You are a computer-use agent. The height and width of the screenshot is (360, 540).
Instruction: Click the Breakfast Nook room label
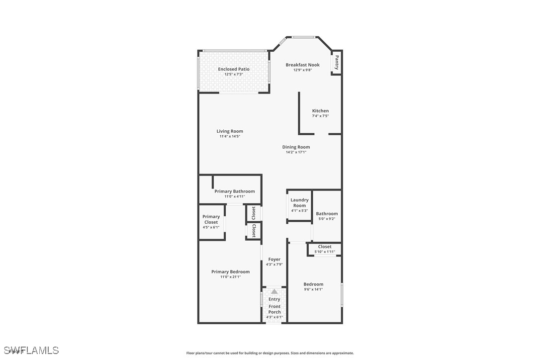[x=302, y=65]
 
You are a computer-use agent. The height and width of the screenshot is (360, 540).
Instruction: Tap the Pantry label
[x=337, y=62]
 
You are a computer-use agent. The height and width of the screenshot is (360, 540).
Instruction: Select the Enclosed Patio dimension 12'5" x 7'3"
[x=234, y=75]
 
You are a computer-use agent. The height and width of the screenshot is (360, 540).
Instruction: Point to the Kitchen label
[x=320, y=110]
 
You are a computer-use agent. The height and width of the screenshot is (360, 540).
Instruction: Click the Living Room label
[x=230, y=131]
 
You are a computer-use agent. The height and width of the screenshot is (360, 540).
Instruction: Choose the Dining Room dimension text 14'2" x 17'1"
[x=296, y=152]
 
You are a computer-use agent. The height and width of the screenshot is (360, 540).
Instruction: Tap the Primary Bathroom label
[x=235, y=191]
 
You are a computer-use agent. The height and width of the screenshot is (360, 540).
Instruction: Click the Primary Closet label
[x=211, y=219]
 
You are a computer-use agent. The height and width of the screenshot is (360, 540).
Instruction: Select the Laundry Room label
[x=299, y=202]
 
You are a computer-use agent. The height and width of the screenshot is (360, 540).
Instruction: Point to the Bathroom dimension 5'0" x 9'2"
[x=327, y=219]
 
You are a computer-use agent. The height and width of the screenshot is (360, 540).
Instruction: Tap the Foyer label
[x=274, y=260]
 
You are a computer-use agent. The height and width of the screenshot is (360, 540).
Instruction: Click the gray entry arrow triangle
[x=274, y=291]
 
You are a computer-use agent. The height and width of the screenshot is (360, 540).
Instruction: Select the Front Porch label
[x=274, y=309]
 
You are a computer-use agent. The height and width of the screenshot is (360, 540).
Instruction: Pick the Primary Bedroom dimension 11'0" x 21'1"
[x=230, y=277]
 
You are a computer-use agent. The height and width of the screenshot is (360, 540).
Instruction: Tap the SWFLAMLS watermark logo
[x=31, y=351]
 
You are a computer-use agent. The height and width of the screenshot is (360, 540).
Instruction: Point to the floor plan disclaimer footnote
[x=270, y=353]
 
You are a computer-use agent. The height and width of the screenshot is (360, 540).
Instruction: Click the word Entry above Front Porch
[x=274, y=299]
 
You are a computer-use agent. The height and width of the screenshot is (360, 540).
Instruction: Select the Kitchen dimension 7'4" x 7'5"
[x=320, y=116]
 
